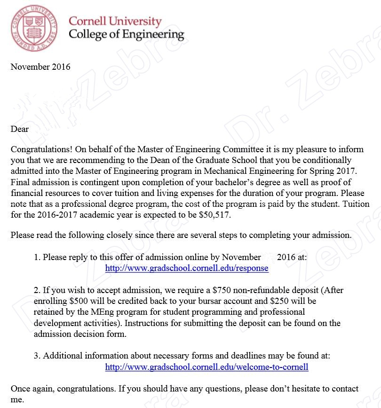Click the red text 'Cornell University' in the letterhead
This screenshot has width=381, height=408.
[115, 21]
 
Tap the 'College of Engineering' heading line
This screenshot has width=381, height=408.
[126, 34]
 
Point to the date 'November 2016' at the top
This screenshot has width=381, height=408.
[40, 67]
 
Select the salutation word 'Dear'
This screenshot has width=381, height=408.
[20, 129]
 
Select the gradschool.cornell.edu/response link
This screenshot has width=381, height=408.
[187, 268]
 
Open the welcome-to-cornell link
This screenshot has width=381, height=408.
[206, 367]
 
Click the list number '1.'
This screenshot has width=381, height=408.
[37, 257]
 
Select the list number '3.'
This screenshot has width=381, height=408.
[37, 356]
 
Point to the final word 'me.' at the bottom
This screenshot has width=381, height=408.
[17, 400]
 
